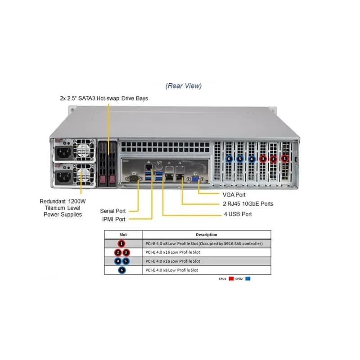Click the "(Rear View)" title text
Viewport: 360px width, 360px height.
pos(184,86)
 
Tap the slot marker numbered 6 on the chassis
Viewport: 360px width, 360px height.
pos(229,159)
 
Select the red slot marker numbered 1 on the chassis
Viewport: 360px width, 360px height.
pos(285,158)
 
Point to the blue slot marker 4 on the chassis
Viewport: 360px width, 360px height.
pos(252,159)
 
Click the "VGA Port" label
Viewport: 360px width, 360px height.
pos(234,195)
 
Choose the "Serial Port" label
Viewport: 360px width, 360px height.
pos(113,211)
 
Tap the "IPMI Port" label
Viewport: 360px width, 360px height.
pos(114,219)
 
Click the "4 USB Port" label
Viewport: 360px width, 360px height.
pos(238,214)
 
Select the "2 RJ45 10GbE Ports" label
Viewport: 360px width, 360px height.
pos(248,204)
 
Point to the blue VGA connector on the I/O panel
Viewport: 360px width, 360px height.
pos(196,179)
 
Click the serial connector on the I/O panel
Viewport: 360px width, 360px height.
pos(133,178)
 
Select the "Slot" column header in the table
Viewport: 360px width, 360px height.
pos(123,234)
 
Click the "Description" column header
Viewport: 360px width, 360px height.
pos(207,234)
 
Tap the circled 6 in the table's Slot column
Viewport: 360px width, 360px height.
pos(122,270)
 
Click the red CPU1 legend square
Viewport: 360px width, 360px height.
pos(231,279)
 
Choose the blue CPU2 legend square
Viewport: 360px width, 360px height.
pos(248,279)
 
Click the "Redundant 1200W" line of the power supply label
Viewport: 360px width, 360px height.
pos(63,201)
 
